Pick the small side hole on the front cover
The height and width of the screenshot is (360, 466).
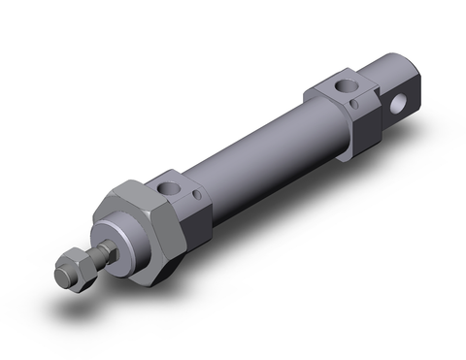[x=199, y=199]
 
